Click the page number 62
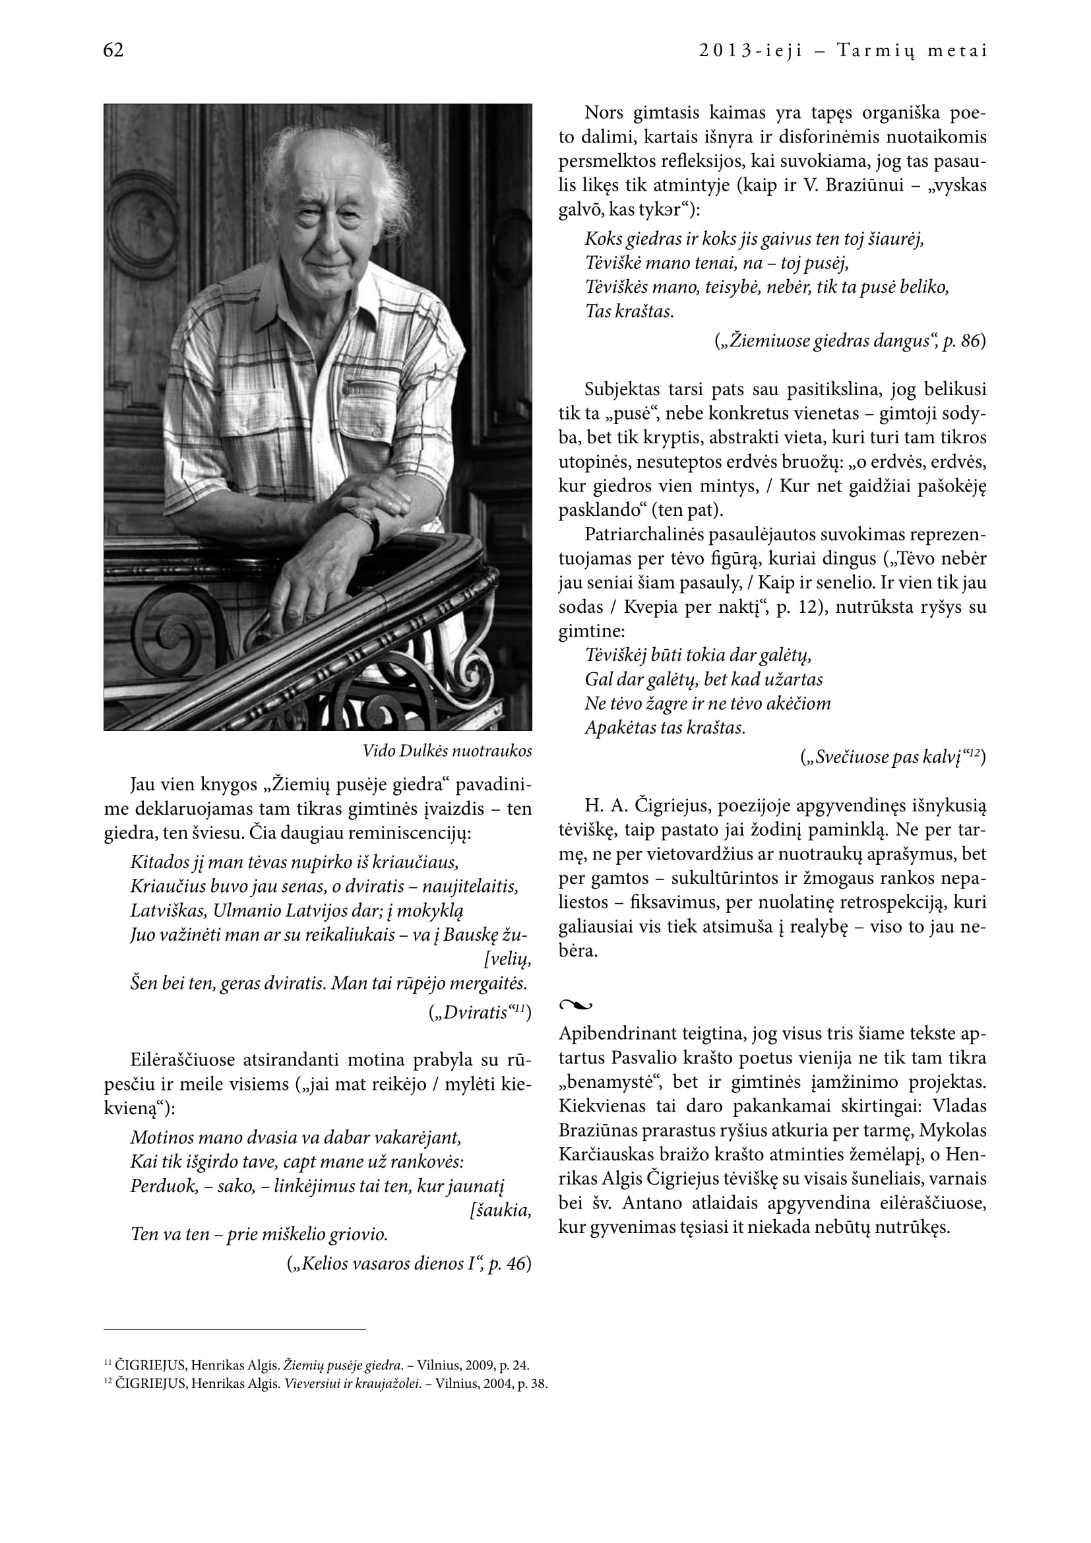pyautogui.click(x=113, y=50)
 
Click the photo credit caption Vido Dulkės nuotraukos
pyautogui.click(x=447, y=751)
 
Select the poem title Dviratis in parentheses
pyautogui.click(x=476, y=1013)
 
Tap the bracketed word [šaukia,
pyautogui.click(x=501, y=1211)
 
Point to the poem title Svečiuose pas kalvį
pyautogui.click(x=889, y=758)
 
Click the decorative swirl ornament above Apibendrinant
pyautogui.click(x=575, y=1005)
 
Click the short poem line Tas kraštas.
pyautogui.click(x=629, y=312)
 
